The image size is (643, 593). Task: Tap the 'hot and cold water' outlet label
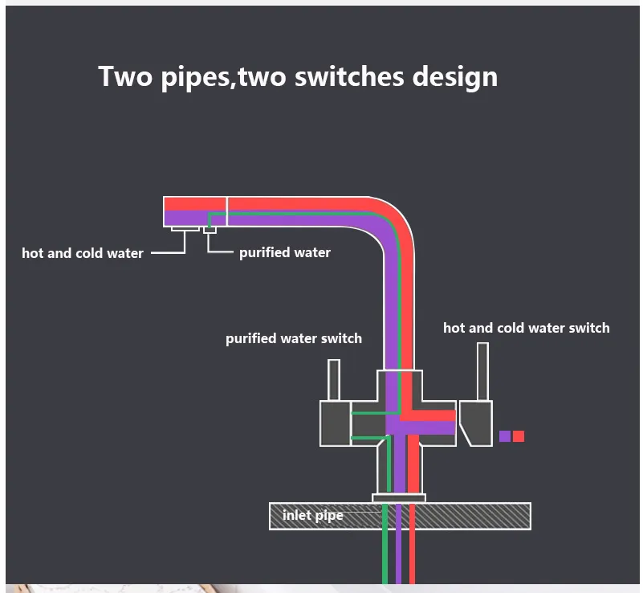pos(83,253)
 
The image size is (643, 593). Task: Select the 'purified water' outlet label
pos(284,252)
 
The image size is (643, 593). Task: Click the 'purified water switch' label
pos(293,338)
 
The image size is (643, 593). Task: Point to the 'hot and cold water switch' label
pos(526,328)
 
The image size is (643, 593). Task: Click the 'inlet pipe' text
pos(312,515)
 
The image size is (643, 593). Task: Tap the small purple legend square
pos(505,436)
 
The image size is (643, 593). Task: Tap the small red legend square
pos(519,436)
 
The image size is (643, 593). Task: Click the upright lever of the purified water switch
pos(333,379)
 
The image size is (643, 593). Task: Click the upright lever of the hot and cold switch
pos(482,370)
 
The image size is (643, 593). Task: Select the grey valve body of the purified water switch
pos(334,423)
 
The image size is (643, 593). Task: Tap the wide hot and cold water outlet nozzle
pos(185,229)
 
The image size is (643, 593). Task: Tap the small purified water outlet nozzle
pos(210,230)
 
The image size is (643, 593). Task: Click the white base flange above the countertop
pos(398,498)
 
